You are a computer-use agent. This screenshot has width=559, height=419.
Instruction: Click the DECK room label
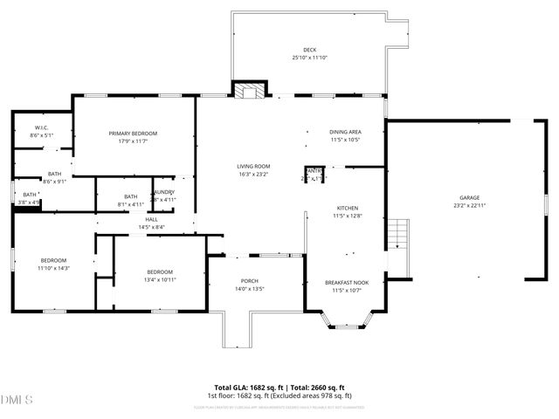(310, 50)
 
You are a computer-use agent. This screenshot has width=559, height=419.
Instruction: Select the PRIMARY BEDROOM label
(133, 133)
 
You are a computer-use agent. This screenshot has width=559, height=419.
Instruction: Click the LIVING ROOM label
(253, 166)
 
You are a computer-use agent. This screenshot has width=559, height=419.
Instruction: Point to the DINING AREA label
(345, 132)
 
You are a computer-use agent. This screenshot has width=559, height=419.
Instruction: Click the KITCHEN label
(348, 208)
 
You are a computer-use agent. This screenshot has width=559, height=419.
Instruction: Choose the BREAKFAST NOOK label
(347, 282)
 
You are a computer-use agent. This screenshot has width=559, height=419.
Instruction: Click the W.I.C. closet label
(41, 127)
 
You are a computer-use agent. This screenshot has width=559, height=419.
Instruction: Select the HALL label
(151, 219)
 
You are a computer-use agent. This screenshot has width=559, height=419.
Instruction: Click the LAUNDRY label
(164, 192)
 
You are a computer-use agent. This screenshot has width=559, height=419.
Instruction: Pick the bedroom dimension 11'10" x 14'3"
(52, 268)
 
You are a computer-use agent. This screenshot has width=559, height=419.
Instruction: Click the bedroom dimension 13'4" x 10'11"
(160, 279)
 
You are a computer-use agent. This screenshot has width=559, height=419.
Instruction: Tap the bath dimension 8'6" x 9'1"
(54, 182)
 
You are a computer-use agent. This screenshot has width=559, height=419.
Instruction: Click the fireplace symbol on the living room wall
(248, 90)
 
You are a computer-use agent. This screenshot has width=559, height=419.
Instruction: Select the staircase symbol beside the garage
(398, 234)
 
